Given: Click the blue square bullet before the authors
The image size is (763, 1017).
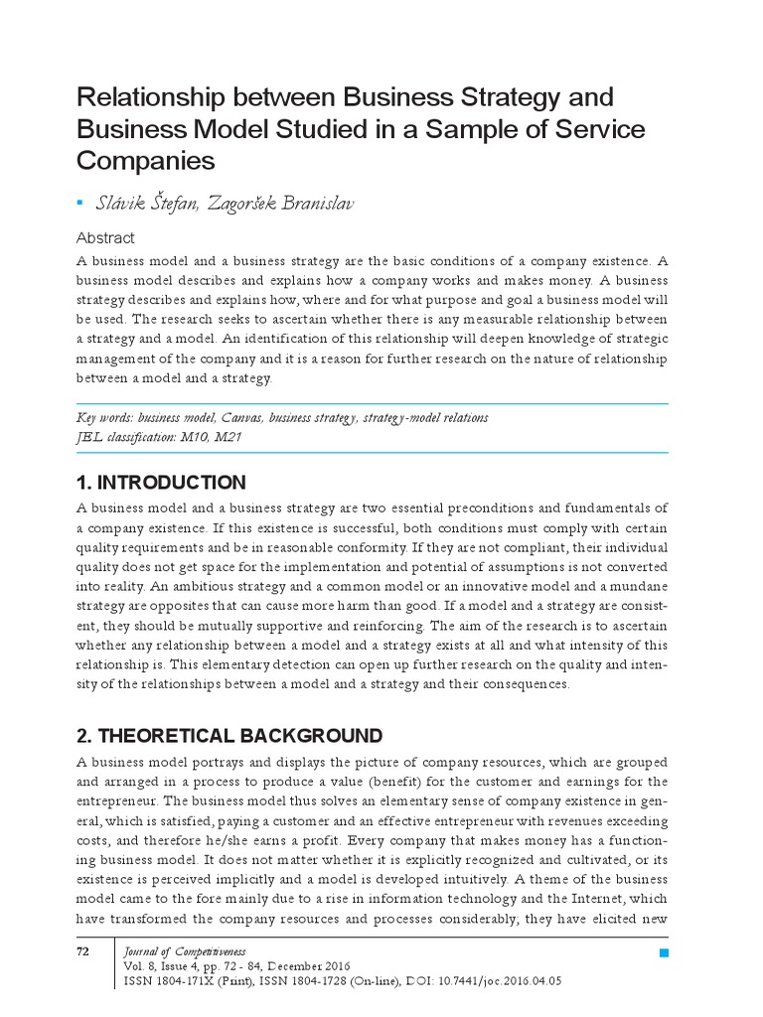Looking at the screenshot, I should point(80,203).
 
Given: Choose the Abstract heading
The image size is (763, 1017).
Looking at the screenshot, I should point(105,238).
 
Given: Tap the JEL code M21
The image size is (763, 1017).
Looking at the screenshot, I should point(225,436).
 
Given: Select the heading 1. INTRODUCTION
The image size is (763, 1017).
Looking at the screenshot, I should point(161,484).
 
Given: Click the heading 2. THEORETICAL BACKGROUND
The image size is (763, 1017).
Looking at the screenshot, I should point(229,736).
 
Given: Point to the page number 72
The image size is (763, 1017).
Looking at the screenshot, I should point(83,952).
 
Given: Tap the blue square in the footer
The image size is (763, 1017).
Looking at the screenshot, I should point(664,953).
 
